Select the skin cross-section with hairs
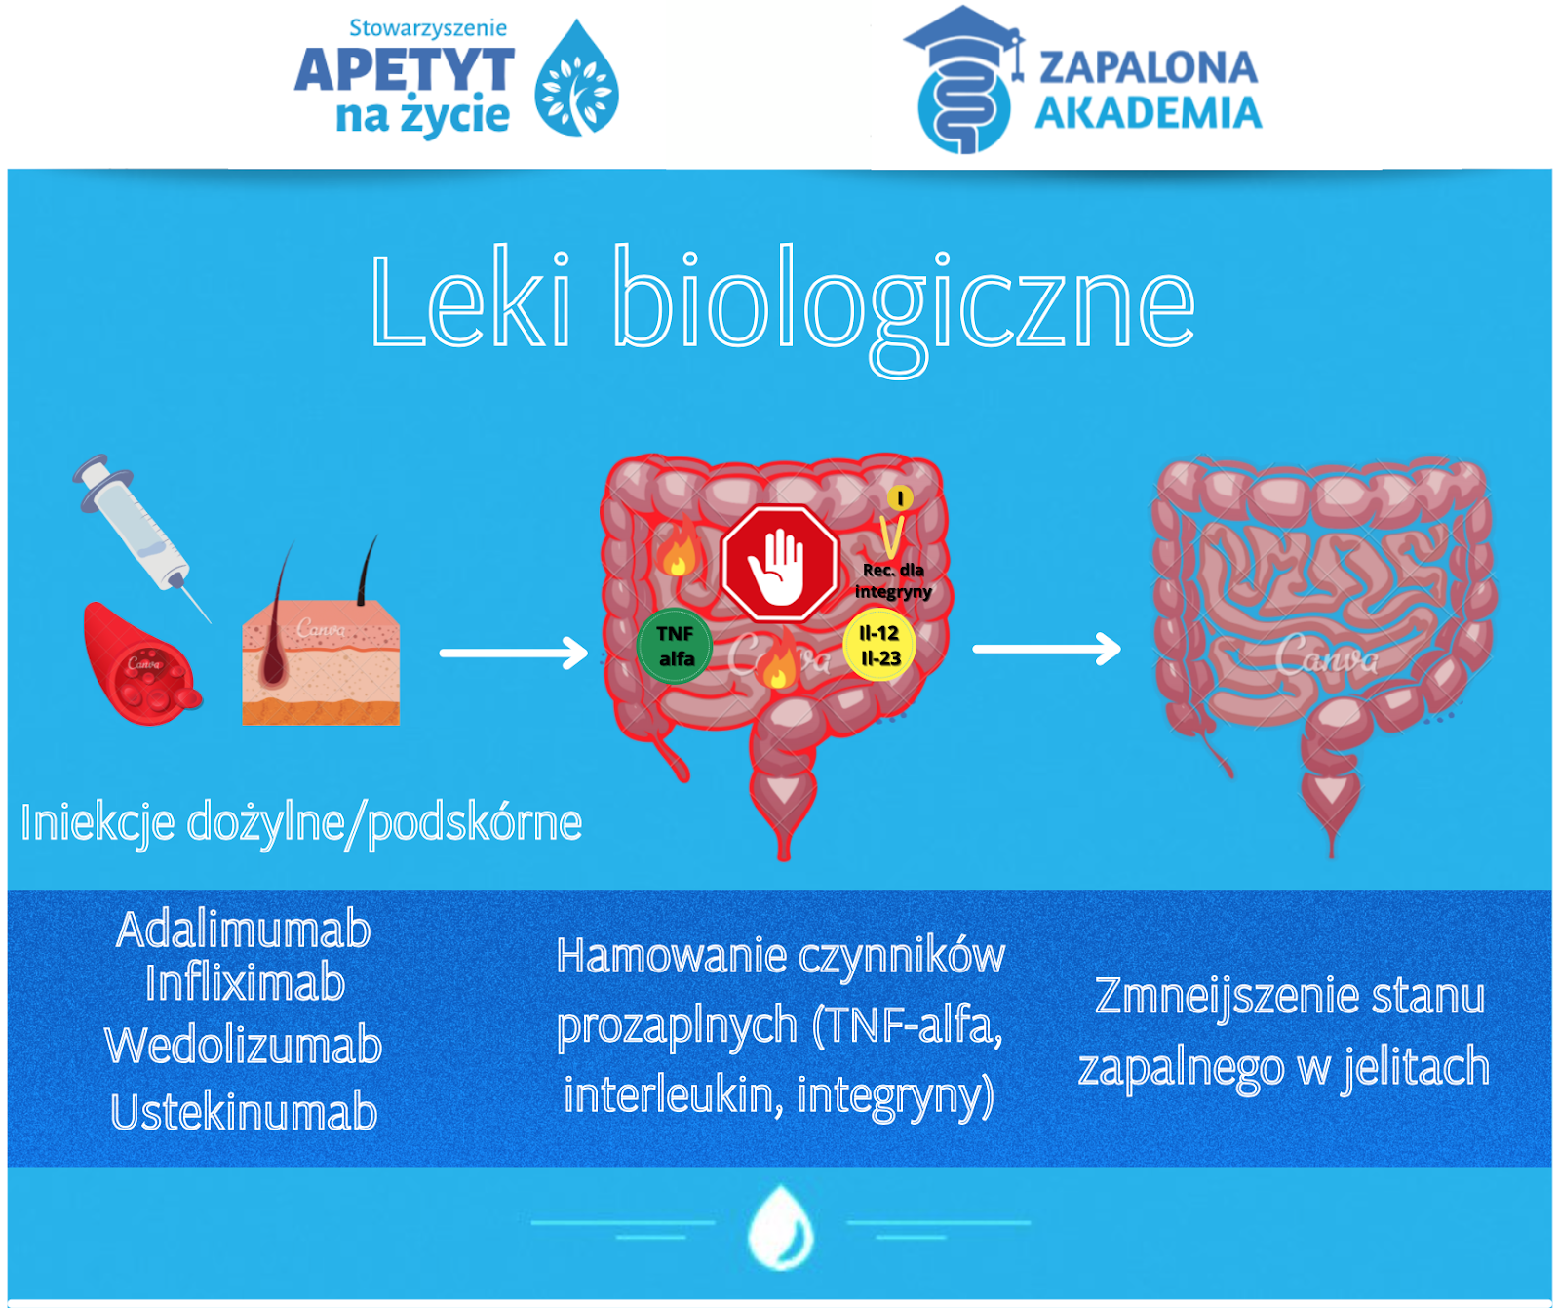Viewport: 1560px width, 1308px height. (x=321, y=644)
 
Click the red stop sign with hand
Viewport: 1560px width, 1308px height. (x=780, y=564)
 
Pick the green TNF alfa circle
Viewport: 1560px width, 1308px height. (x=675, y=646)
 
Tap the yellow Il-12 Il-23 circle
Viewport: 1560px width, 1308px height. (x=879, y=646)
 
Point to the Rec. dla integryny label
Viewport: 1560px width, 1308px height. (x=893, y=580)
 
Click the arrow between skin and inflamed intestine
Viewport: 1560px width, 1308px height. (x=514, y=653)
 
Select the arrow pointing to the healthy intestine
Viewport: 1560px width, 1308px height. (x=1047, y=649)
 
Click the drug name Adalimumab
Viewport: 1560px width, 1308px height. (x=244, y=930)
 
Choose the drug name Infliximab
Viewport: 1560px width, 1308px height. (x=245, y=982)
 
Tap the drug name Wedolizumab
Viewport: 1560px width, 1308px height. (x=244, y=1045)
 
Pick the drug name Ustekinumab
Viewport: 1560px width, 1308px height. (x=244, y=1112)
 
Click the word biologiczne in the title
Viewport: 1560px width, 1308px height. (x=904, y=307)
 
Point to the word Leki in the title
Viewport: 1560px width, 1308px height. (x=471, y=299)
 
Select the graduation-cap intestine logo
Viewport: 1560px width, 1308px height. (x=964, y=80)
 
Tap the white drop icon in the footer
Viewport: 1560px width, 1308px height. (x=780, y=1227)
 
